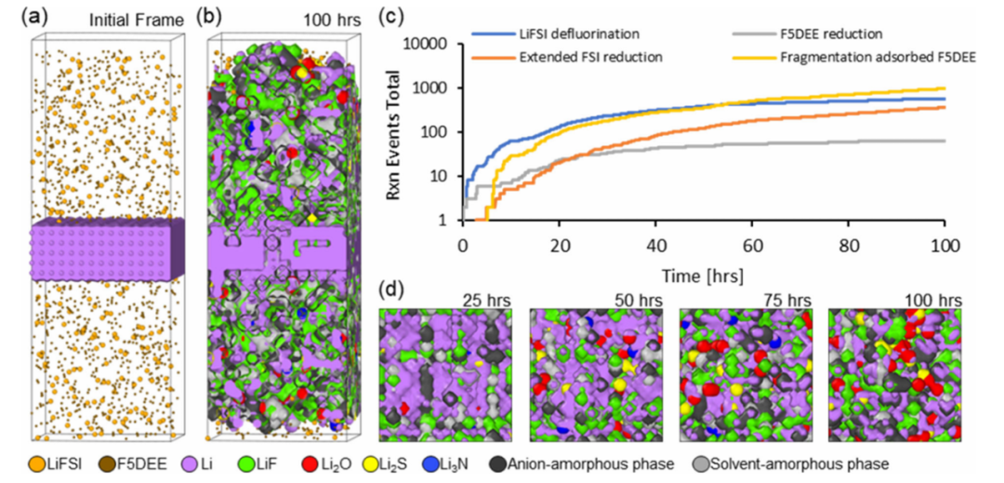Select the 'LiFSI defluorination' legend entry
553,34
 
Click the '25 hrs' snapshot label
484,301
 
